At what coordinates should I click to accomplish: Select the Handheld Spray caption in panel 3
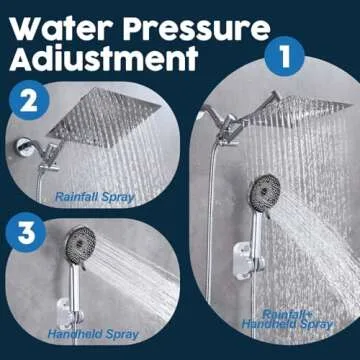(x=97, y=335)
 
